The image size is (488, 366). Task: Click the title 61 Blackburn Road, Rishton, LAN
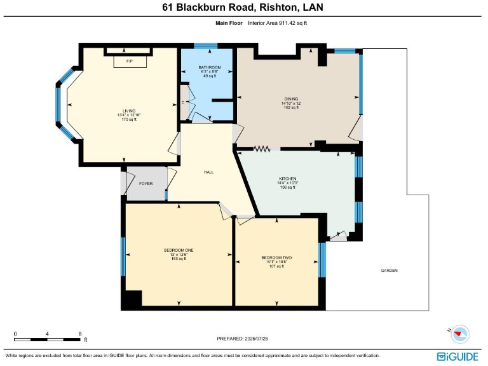[244, 8]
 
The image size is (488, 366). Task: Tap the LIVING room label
[129, 110]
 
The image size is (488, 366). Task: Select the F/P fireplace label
[130, 61]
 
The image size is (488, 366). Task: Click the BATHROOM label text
[209, 67]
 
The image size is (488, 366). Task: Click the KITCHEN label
[288, 179]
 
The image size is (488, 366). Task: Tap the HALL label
[208, 172]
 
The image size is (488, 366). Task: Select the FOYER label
[146, 183]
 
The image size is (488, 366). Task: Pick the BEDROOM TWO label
[276, 257]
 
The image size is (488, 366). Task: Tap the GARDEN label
[389, 270]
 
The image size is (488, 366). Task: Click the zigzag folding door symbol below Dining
[262, 149]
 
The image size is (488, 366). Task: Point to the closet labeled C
[183, 102]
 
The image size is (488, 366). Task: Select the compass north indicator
[461, 334]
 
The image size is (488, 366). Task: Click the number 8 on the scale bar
[79, 334]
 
